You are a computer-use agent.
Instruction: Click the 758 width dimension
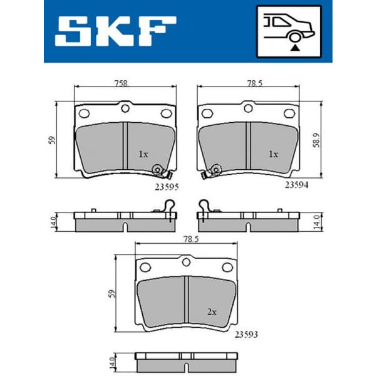[122, 81]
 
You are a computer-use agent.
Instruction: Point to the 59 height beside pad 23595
[54, 139]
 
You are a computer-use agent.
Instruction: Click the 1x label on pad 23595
[143, 154]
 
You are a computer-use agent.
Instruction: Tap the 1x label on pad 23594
[272, 154]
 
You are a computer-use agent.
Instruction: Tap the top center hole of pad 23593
[186, 263]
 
